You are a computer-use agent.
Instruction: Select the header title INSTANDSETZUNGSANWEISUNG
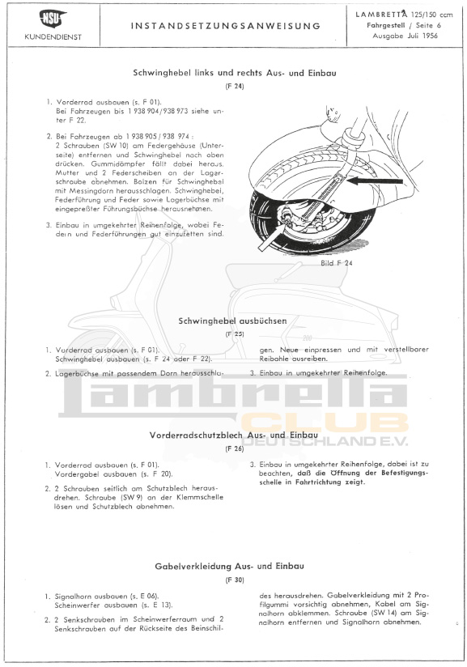click(x=226, y=26)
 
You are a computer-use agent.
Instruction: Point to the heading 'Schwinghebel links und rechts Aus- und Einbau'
click(x=234, y=72)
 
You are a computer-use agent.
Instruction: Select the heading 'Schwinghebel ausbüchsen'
click(x=233, y=321)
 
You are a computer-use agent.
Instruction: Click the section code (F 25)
click(x=234, y=333)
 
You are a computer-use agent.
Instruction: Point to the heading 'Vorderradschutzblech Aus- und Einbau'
click(x=234, y=435)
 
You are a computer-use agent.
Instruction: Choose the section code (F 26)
click(x=234, y=448)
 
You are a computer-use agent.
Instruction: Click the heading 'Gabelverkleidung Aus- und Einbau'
click(x=234, y=567)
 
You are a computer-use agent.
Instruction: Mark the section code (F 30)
click(x=234, y=580)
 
